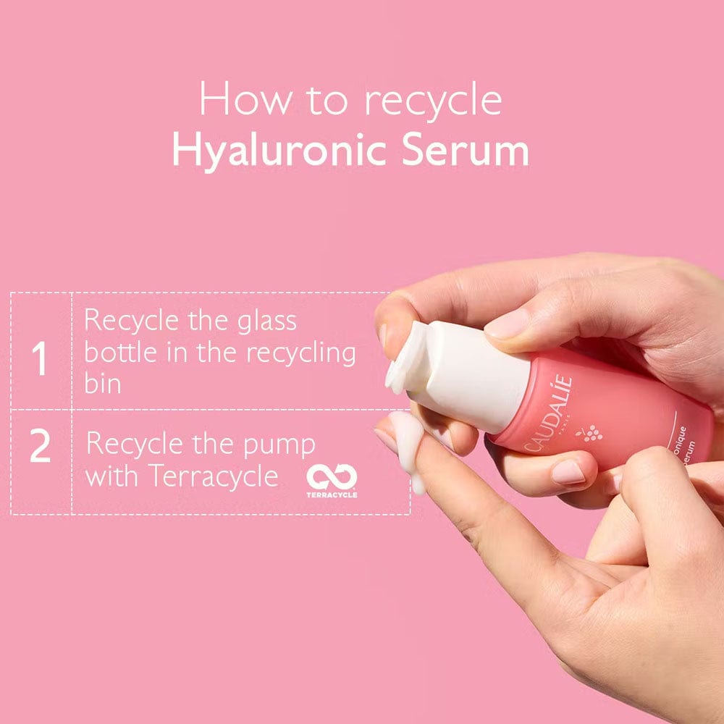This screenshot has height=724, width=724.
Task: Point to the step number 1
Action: coord(40,360)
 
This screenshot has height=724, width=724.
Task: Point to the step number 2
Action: coord(40,448)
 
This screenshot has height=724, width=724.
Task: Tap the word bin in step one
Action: coord(102,384)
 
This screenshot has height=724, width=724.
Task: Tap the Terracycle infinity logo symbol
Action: coord(332,476)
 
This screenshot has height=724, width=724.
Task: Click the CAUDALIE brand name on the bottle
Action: coord(548,414)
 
